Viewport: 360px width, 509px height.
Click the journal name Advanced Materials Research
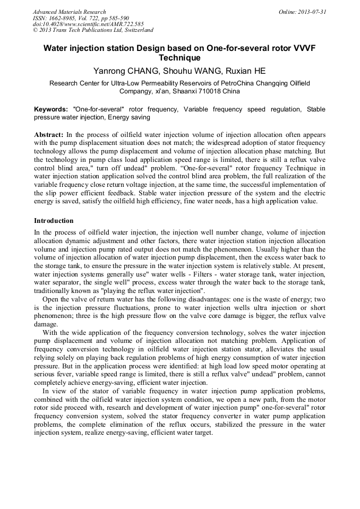pyautogui.click(x=69, y=12)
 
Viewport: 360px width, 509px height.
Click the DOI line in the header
pyautogui.click(x=88, y=24)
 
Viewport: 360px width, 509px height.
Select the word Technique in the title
pyautogui.click(x=179, y=58)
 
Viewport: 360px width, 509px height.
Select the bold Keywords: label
pyautogui.click(x=51, y=109)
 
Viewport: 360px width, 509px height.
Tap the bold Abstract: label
pyautogui.click(x=49, y=135)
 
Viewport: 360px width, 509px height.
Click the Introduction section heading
pyautogui.click(x=54, y=220)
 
